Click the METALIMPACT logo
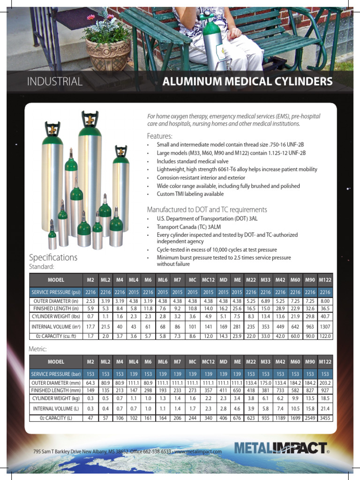coord(280,448)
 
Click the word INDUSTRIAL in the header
coord(55,82)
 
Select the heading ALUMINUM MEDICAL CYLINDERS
coord(247,82)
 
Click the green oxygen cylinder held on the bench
coord(211,42)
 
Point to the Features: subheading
coord(160,136)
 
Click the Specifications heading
coord(53,257)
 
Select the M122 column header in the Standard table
coord(325,280)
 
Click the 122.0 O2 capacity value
coord(325,336)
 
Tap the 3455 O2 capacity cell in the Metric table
coord(325,418)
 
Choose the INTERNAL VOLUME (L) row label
coord(56,408)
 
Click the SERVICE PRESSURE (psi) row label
coord(56,292)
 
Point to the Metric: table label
coord(38,349)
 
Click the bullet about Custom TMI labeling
coord(190,194)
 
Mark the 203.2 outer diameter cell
coord(325,382)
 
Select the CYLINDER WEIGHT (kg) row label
coord(56,398)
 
